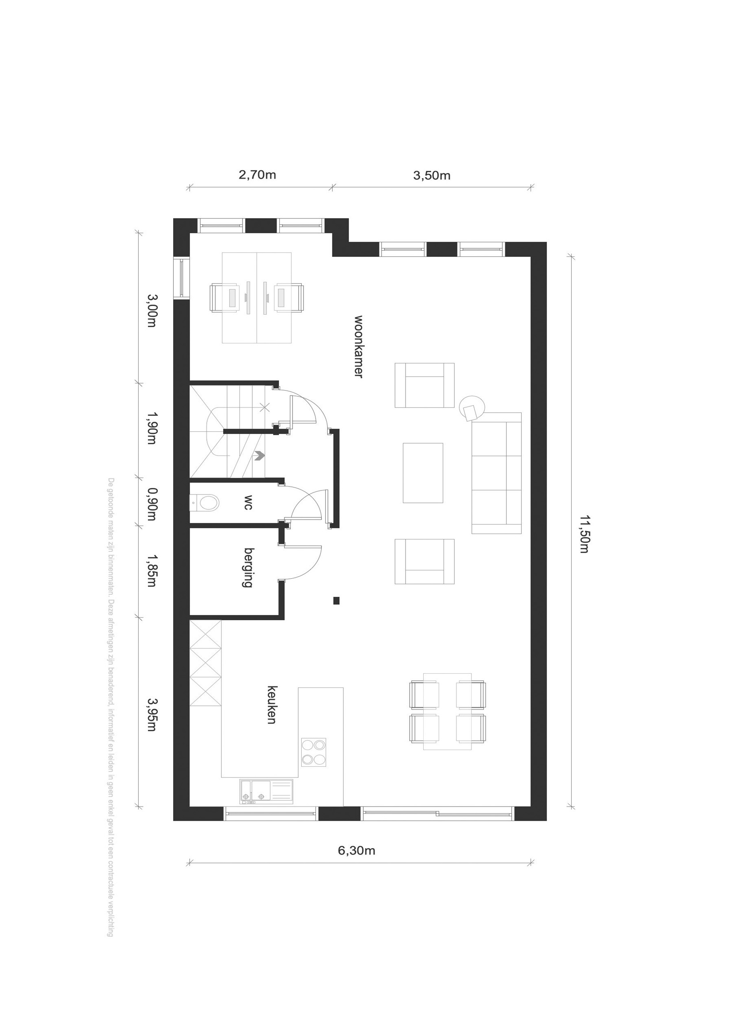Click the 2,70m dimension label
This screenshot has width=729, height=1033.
257,174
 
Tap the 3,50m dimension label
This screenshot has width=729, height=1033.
432,175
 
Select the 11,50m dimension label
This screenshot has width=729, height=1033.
584,534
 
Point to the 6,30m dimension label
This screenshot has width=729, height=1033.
357,850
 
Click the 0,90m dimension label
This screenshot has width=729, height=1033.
152,504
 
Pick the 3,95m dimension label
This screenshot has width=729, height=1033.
152,714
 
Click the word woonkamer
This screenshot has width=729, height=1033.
358,347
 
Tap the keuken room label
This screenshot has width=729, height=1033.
272,705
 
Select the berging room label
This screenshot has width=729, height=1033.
248,567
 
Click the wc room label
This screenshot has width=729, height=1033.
248,502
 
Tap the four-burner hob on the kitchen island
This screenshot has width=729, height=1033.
314,752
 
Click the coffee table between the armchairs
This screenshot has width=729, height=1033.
423,473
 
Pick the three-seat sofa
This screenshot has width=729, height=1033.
496,473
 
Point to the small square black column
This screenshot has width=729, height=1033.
336,601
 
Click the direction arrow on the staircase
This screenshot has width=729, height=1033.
259,456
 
